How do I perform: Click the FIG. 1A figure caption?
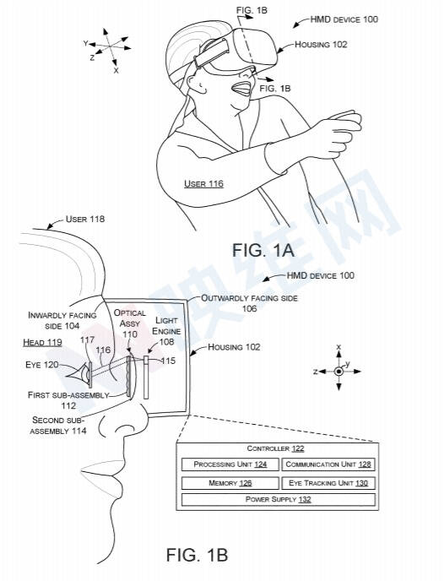[263, 250]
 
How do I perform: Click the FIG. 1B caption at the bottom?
[197, 555]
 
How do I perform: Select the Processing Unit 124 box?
[230, 464]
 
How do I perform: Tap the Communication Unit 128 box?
[328, 464]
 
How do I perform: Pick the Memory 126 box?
[230, 483]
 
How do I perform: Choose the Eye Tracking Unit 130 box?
[328, 483]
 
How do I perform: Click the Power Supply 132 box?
[278, 499]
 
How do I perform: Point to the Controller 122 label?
[275, 448]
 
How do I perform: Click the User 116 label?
[203, 183]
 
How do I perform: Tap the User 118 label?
[85, 219]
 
